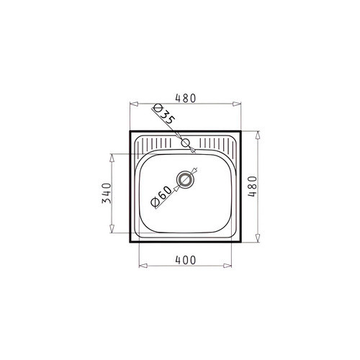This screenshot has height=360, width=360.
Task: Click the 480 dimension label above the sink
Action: [x=186, y=98]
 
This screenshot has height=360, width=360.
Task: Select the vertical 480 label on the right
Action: [x=252, y=186]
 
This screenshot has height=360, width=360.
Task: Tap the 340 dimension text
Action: [x=107, y=193]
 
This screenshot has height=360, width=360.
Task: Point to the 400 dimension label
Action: [x=186, y=260]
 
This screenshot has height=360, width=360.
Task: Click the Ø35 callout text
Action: [x=163, y=114]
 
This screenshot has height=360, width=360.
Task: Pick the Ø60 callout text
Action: [x=161, y=197]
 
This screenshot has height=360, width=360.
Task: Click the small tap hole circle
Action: [x=185, y=143]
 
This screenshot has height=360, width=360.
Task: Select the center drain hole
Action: [x=184, y=180]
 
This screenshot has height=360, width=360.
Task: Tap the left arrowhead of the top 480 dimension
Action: [x=134, y=104]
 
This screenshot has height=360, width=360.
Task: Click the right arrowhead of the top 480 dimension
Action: [x=237, y=104]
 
